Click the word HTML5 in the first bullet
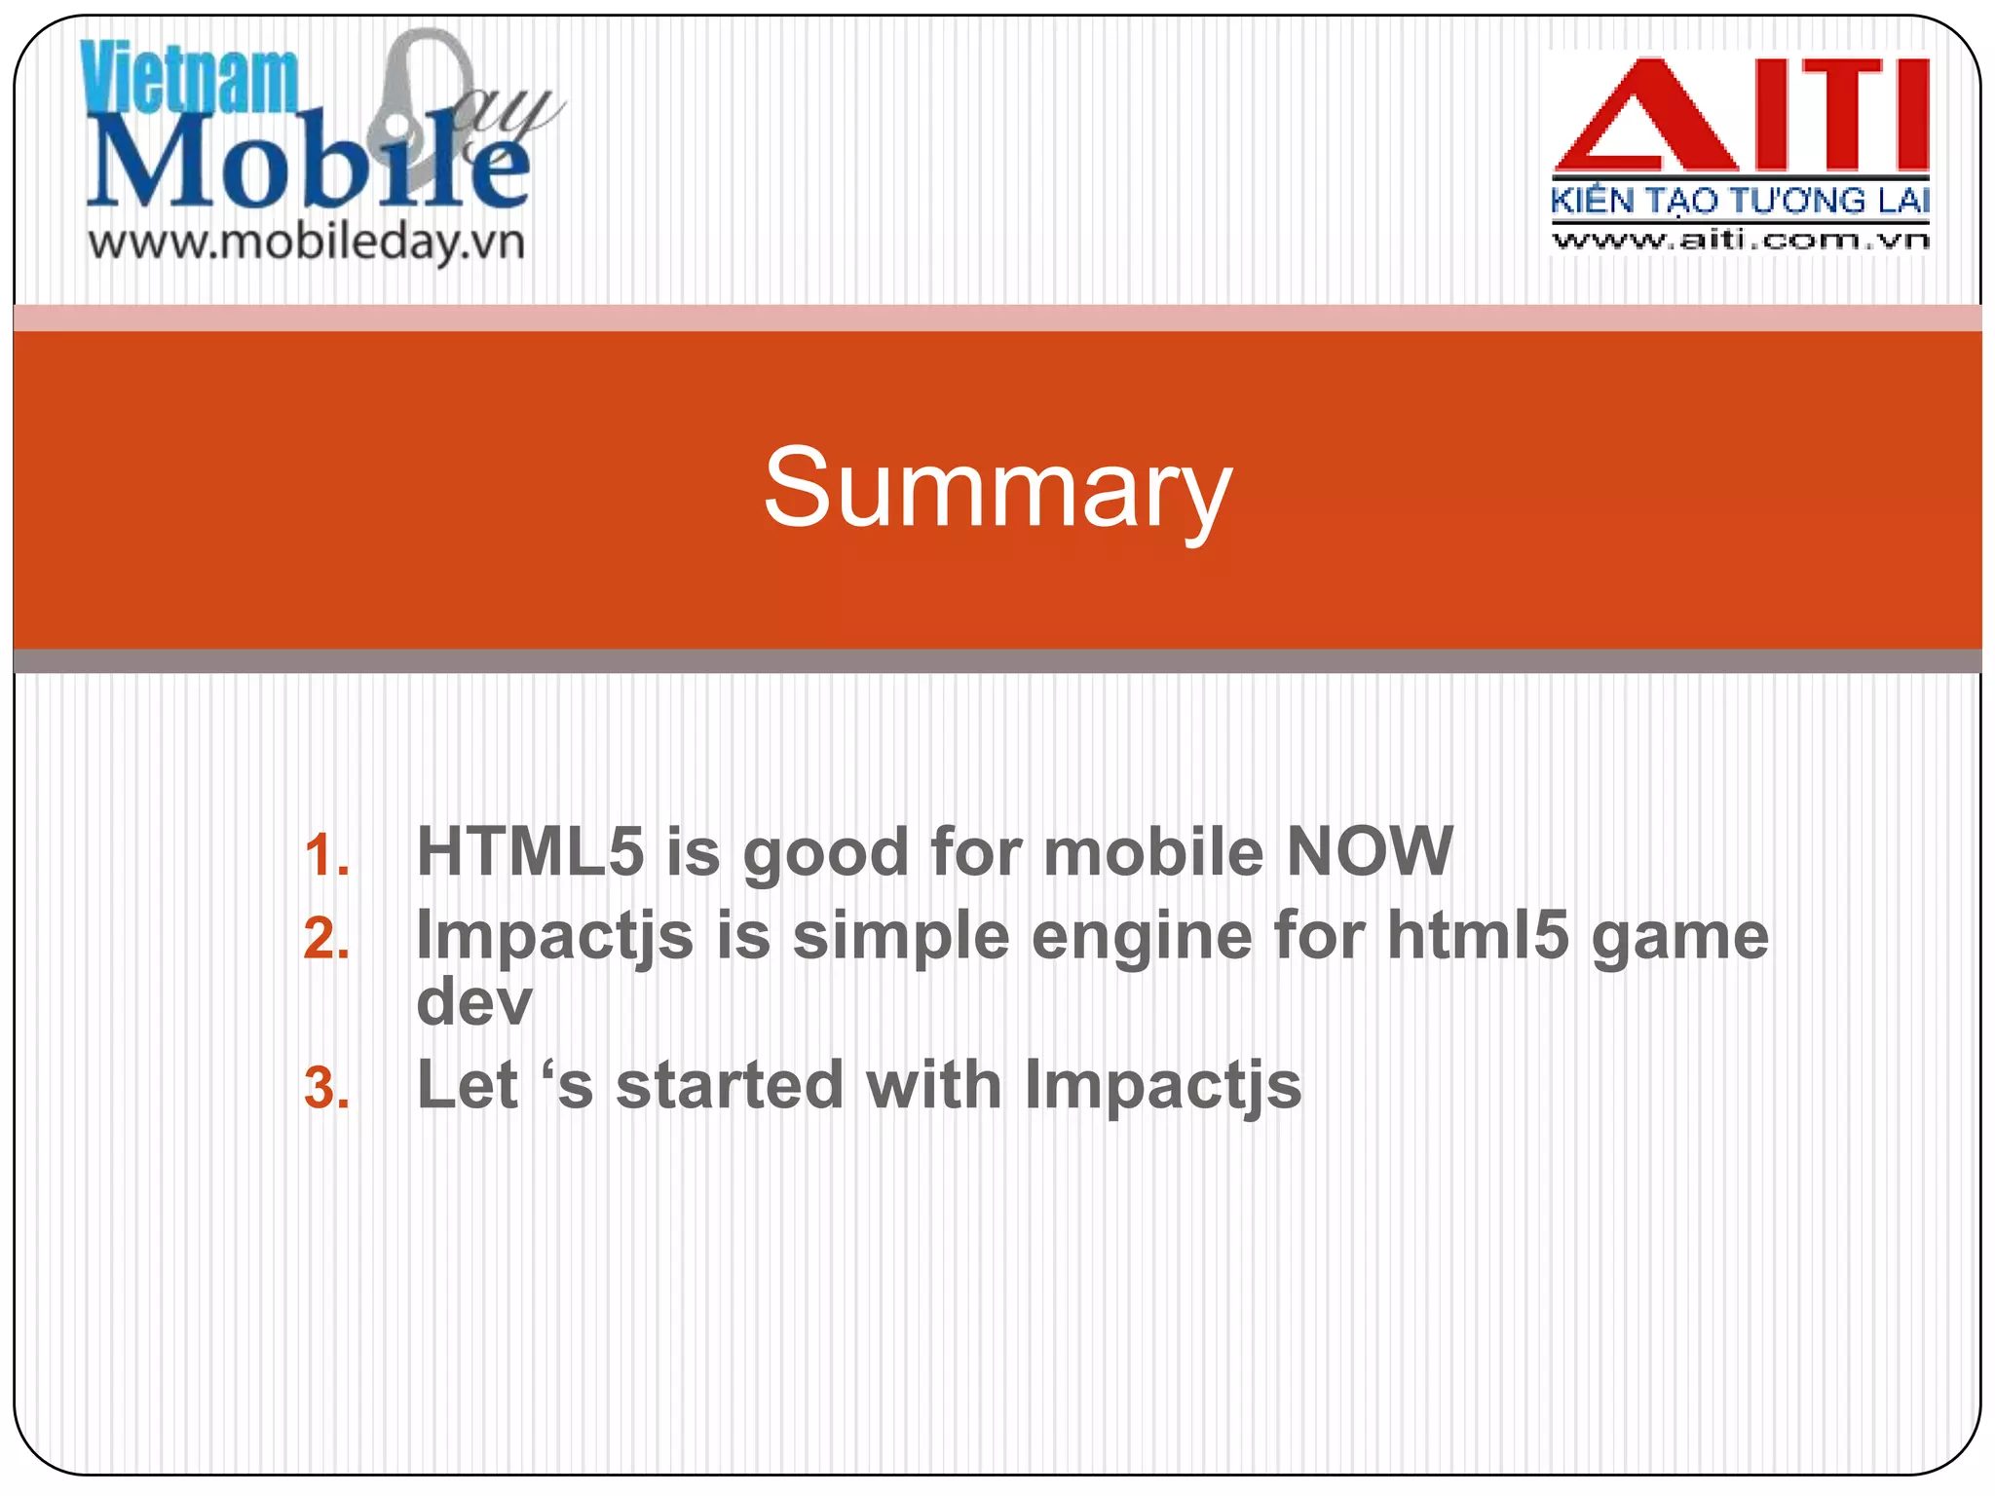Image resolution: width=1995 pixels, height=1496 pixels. (530, 851)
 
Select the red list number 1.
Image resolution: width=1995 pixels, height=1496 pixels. (326, 856)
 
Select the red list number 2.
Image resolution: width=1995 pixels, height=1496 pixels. (326, 940)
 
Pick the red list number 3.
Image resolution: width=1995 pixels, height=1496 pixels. (326, 1089)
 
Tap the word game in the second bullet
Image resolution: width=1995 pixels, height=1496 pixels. (1679, 936)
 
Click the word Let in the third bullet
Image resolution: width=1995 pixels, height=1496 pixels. (467, 1085)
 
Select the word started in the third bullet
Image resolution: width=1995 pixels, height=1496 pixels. (730, 1085)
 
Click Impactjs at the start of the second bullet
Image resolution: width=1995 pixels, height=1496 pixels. (554, 938)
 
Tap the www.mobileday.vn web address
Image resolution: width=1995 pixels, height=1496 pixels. (307, 242)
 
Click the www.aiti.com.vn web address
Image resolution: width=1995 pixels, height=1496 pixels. (1740, 240)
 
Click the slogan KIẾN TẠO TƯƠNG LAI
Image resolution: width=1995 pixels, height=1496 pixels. (1740, 201)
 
